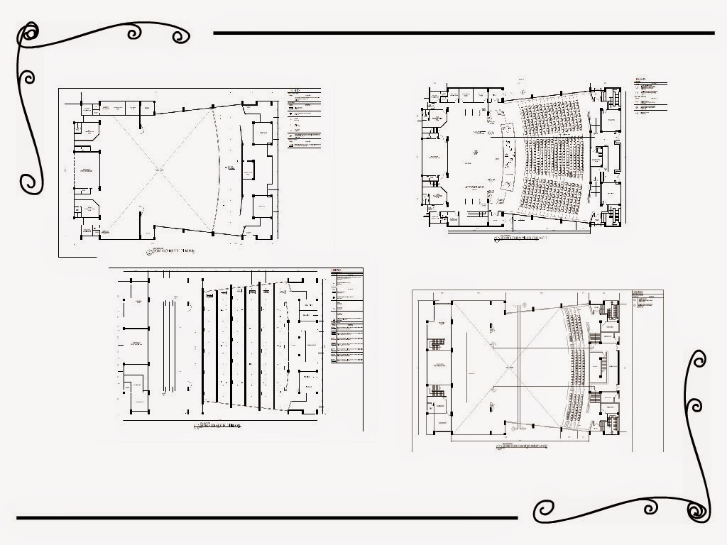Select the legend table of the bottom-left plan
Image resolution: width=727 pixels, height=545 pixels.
pos(346,316)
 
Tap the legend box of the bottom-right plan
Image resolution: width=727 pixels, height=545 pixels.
pos(647,297)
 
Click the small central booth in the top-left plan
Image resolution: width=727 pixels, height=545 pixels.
pos(248,170)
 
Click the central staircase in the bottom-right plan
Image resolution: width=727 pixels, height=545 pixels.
pos(603,365)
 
